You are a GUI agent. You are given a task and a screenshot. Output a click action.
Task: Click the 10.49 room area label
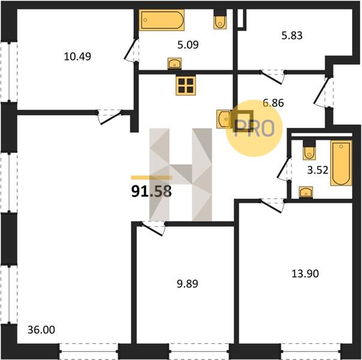pyautogui.click(x=77, y=56)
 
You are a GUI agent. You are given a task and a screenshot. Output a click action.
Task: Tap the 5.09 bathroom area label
pyautogui.click(x=188, y=44)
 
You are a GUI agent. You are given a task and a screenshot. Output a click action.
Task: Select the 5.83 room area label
pyautogui.click(x=292, y=35)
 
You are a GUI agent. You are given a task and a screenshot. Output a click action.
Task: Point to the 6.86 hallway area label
pyautogui.click(x=273, y=103)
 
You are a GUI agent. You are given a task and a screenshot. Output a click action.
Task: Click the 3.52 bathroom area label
pyautogui.click(x=318, y=170)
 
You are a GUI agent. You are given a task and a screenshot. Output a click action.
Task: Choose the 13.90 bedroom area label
pyautogui.click(x=305, y=274)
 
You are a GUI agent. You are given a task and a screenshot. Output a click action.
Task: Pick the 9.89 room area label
pyautogui.click(x=188, y=284)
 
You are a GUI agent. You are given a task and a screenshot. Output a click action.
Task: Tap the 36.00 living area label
pyautogui.click(x=41, y=330)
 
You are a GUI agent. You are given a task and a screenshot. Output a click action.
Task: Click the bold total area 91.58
pyautogui.click(x=152, y=191)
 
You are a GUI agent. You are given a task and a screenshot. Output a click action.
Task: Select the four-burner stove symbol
pyautogui.click(x=186, y=85)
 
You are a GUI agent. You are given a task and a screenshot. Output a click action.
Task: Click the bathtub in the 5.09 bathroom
pyautogui.click(x=162, y=20)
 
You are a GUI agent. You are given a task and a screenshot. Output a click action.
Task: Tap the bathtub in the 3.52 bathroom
pyautogui.click(x=341, y=163)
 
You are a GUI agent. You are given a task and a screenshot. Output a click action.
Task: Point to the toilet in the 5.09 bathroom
pyautogui.click(x=220, y=20)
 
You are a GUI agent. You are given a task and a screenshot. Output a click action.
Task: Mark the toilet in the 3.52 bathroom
pyautogui.click(x=309, y=150)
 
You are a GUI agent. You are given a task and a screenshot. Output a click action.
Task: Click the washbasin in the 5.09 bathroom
pyautogui.click(x=174, y=64)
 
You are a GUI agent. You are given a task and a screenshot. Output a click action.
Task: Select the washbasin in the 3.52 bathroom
pyautogui.click(x=306, y=192)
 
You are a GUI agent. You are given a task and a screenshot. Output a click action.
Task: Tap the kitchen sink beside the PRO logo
pyautogui.click(x=224, y=119)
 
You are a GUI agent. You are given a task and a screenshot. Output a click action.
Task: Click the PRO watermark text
pyautogui.click(x=254, y=128)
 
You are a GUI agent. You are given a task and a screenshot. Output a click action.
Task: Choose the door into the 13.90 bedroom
pyautogui.click(x=273, y=205)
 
